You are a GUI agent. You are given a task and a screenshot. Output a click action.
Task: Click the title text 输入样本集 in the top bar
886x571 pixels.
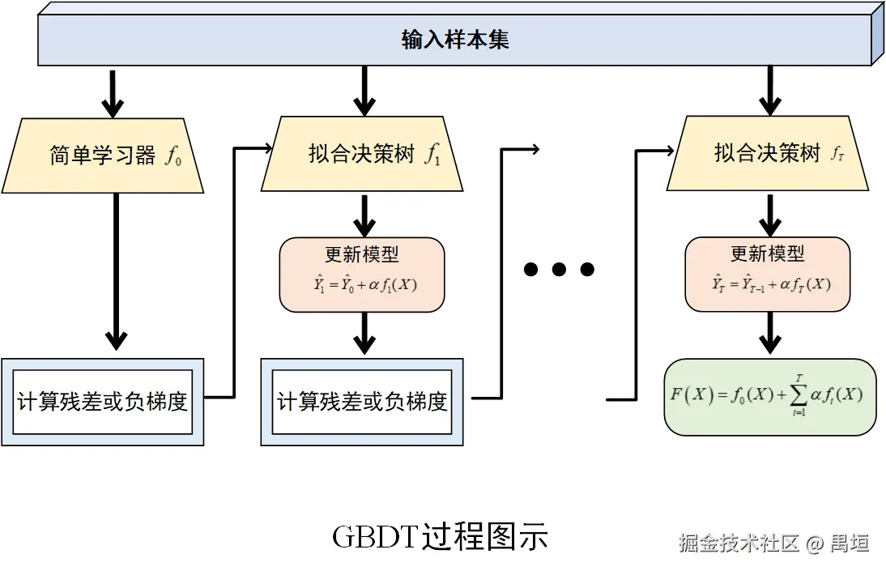pyautogui.click(x=455, y=40)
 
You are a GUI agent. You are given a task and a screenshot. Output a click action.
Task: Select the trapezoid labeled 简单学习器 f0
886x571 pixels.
pyautogui.click(x=103, y=155)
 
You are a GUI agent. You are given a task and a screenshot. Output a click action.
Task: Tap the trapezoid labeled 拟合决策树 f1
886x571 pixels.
pyautogui.click(x=362, y=155)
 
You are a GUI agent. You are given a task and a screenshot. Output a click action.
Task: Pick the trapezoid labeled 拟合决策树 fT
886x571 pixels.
pyautogui.click(x=768, y=155)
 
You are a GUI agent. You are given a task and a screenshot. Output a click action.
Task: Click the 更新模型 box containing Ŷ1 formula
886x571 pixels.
pyautogui.click(x=362, y=275)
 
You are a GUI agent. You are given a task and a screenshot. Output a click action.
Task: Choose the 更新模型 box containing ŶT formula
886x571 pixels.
pyautogui.click(x=768, y=275)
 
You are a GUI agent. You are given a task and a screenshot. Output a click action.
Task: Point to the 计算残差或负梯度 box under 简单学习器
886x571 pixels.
pyautogui.click(x=103, y=402)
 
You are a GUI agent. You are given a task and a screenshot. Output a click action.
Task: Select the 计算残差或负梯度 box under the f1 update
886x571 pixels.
pyautogui.click(x=362, y=402)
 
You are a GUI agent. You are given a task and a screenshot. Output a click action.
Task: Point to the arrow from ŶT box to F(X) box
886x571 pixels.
pyautogui.click(x=769, y=332)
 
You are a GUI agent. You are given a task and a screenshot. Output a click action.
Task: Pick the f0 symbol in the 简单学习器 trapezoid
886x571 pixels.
pyautogui.click(x=173, y=156)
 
